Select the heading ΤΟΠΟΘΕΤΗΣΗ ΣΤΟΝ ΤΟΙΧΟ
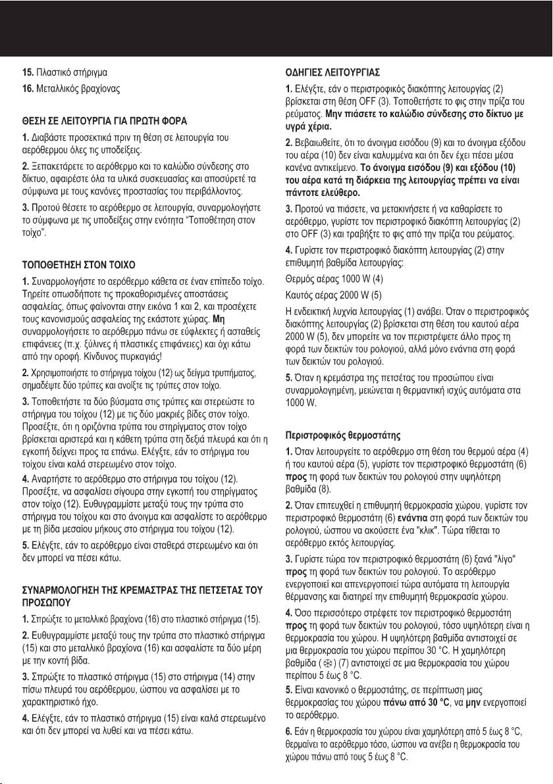click(x=79, y=264)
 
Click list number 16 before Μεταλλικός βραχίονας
click(x=28, y=87)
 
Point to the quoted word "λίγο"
click(x=510, y=558)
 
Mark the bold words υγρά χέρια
click(x=308, y=126)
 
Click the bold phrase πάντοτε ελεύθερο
click(x=321, y=193)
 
